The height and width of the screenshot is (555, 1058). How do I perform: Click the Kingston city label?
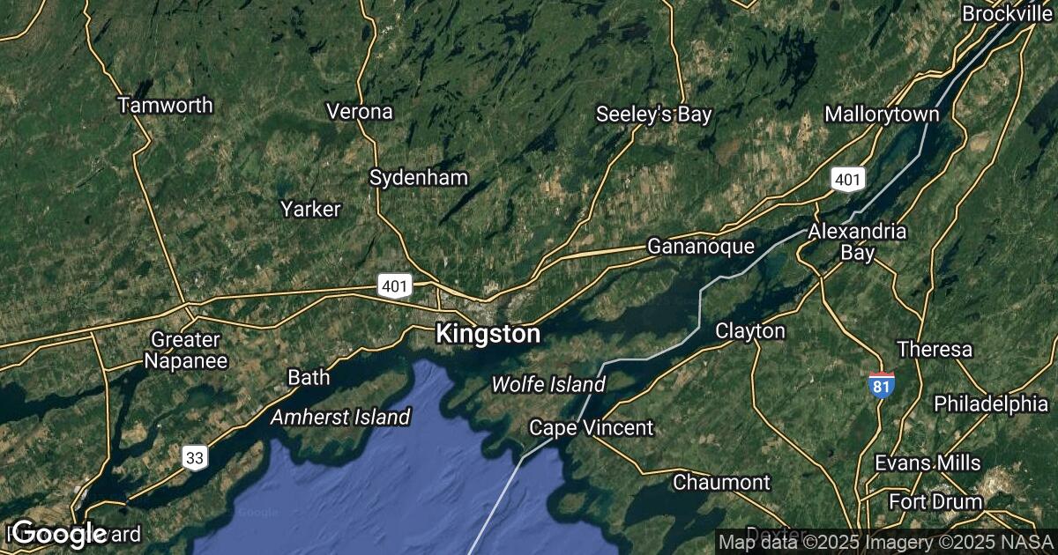tap(487, 335)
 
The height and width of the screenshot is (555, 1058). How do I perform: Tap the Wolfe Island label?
tap(548, 385)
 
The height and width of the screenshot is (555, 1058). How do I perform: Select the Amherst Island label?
tap(340, 417)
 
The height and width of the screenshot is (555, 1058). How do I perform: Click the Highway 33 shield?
tap(196, 457)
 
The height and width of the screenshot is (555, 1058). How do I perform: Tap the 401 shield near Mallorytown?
tap(846, 180)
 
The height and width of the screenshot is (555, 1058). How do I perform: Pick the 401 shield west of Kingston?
tap(394, 285)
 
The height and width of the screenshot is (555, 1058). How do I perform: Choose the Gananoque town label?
tap(701, 247)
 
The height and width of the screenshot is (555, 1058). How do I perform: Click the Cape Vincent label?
tap(591, 428)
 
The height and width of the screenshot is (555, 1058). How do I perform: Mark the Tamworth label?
tap(166, 106)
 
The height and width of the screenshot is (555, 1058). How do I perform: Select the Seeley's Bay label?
tap(653, 114)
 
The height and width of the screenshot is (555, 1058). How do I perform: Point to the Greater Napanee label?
tap(186, 350)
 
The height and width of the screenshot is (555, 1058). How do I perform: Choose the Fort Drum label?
tap(935, 502)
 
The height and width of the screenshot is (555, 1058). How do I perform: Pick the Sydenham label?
tap(418, 177)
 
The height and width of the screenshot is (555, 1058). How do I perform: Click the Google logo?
tap(59, 533)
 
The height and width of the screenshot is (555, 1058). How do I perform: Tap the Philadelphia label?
tap(991, 403)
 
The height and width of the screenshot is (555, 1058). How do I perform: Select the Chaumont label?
tap(721, 483)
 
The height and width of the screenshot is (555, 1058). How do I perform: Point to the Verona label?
tap(359, 112)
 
